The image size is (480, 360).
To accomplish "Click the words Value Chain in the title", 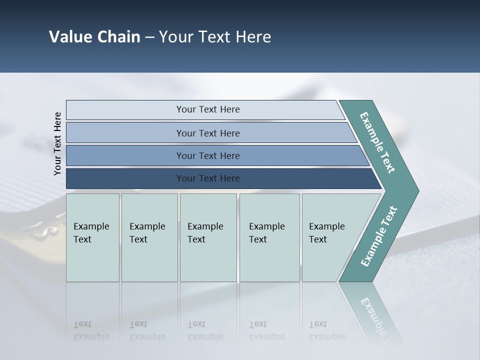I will pos(94,37).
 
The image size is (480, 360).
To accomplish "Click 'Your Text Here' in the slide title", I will pos(215,37).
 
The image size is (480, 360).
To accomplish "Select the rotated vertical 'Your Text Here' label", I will pos(57,143).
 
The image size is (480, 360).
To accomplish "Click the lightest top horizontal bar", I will pos(207,109).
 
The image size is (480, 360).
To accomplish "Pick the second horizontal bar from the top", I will pos(207,133).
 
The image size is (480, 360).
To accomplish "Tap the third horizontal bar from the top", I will pos(207,155).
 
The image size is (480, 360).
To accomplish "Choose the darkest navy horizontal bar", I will pos(207,178).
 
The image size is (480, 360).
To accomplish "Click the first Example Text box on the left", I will pos(92,237).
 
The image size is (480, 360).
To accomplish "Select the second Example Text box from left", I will pos(149,237).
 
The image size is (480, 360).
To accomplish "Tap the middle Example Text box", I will pos(208,237).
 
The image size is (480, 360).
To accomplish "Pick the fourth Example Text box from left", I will pos(269,237).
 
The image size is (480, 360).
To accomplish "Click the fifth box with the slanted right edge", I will pos(330,237).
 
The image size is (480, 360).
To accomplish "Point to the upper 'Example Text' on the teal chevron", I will pos(377,142).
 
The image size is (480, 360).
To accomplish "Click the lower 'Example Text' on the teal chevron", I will pos(379,236).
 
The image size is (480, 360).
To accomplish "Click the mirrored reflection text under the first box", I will pos(91,330).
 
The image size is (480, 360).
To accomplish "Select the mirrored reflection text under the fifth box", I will pos(327,330).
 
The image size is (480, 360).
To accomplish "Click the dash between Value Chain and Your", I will pos(149,37).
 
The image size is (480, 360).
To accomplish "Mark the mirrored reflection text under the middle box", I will pos(205,330).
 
